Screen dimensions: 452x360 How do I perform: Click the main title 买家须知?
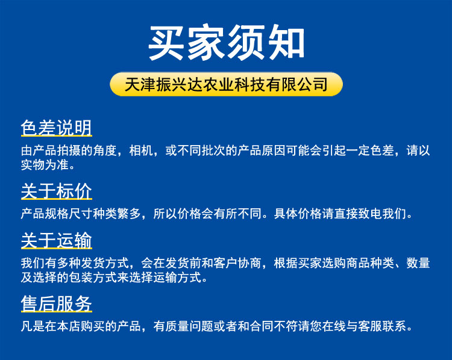pyautogui.click(x=226, y=42)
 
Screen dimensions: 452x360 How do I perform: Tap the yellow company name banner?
pyautogui.click(x=226, y=84)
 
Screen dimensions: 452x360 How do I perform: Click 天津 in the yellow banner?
pyautogui.click(x=140, y=84)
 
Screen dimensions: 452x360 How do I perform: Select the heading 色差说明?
pyautogui.click(x=57, y=128)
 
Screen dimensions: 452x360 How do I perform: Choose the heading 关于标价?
pyautogui.click(x=57, y=191)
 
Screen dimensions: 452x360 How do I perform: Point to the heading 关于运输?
pyautogui.click(x=57, y=240)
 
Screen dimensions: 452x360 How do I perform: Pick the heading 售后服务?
pyautogui.click(x=57, y=303)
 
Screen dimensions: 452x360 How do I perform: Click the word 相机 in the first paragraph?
pyautogui.click(x=141, y=151)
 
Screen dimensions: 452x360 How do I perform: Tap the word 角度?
pyautogui.click(x=105, y=151)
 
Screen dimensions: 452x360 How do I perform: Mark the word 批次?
pyautogui.click(x=213, y=151)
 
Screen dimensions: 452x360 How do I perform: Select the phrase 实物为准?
pyautogui.click(x=45, y=165)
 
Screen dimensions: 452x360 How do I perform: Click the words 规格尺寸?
pyautogui.click(x=69, y=214)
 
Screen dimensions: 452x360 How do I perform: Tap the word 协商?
pyautogui.click(x=250, y=263)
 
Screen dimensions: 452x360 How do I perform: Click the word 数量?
pyautogui.click(x=418, y=263)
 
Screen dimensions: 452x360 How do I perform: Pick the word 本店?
pyautogui.click(x=69, y=326)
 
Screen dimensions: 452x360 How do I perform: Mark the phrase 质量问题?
pyautogui.click(x=189, y=326)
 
